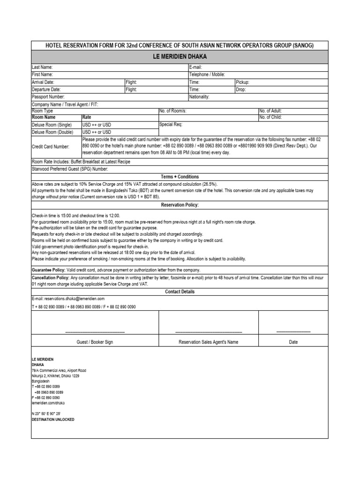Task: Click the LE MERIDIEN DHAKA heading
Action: tap(180, 57)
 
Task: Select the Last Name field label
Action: tap(42, 67)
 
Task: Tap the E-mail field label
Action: tap(195, 67)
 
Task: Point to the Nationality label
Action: tap(199, 97)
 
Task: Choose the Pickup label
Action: tap(242, 82)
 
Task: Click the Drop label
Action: tap(241, 89)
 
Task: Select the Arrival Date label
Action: tap(43, 82)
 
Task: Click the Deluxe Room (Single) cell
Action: tap(52, 125)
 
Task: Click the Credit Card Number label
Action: tap(50, 147)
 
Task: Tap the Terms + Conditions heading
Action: tap(180, 177)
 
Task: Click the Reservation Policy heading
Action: tap(180, 205)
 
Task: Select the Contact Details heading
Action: tap(180, 292)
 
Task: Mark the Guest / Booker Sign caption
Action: tap(95, 342)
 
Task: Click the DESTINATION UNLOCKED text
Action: tap(52, 420)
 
